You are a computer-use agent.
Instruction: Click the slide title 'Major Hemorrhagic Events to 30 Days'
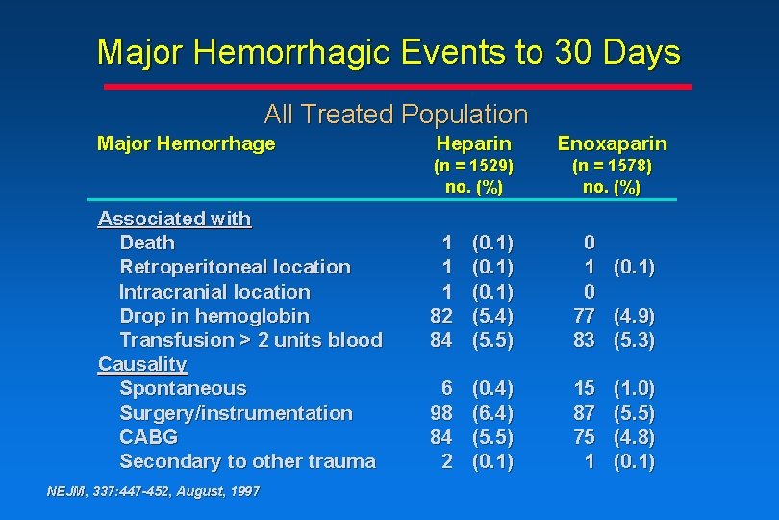tap(389, 52)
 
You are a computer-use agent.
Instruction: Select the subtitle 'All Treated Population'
tap(395, 115)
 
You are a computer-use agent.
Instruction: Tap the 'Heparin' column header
tap(473, 143)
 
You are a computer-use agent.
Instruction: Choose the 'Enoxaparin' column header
tap(612, 143)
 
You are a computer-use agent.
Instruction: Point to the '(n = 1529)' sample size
tap(473, 166)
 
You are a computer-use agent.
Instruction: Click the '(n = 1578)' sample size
tap(612, 166)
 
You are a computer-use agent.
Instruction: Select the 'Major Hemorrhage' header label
tap(187, 143)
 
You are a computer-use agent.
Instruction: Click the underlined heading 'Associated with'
tap(174, 219)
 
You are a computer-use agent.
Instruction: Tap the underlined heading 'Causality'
tap(142, 364)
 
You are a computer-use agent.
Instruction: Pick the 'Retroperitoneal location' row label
tap(235, 267)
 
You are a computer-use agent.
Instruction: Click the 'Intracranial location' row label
tap(214, 291)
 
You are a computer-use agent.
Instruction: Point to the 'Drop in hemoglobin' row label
tap(214, 316)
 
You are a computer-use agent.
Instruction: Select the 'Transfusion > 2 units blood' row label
tap(250, 340)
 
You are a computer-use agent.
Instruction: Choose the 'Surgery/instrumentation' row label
tap(236, 413)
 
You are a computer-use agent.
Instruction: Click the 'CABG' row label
tap(148, 437)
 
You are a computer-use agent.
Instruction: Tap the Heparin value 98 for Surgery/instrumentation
tap(440, 413)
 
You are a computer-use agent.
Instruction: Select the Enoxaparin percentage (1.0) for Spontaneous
tap(634, 389)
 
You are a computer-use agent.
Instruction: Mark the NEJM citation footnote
tap(153, 491)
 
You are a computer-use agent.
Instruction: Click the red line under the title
tap(397, 86)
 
